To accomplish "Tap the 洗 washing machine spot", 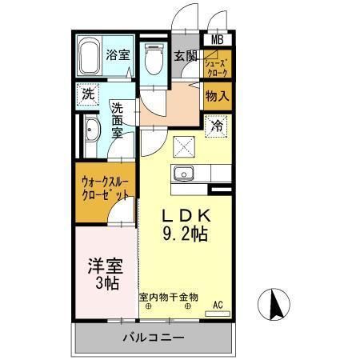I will [87, 94].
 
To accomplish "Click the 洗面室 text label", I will [117, 120].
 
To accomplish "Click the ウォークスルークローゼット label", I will [104, 187].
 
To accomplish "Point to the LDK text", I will [186, 216].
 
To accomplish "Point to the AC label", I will [218, 305].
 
